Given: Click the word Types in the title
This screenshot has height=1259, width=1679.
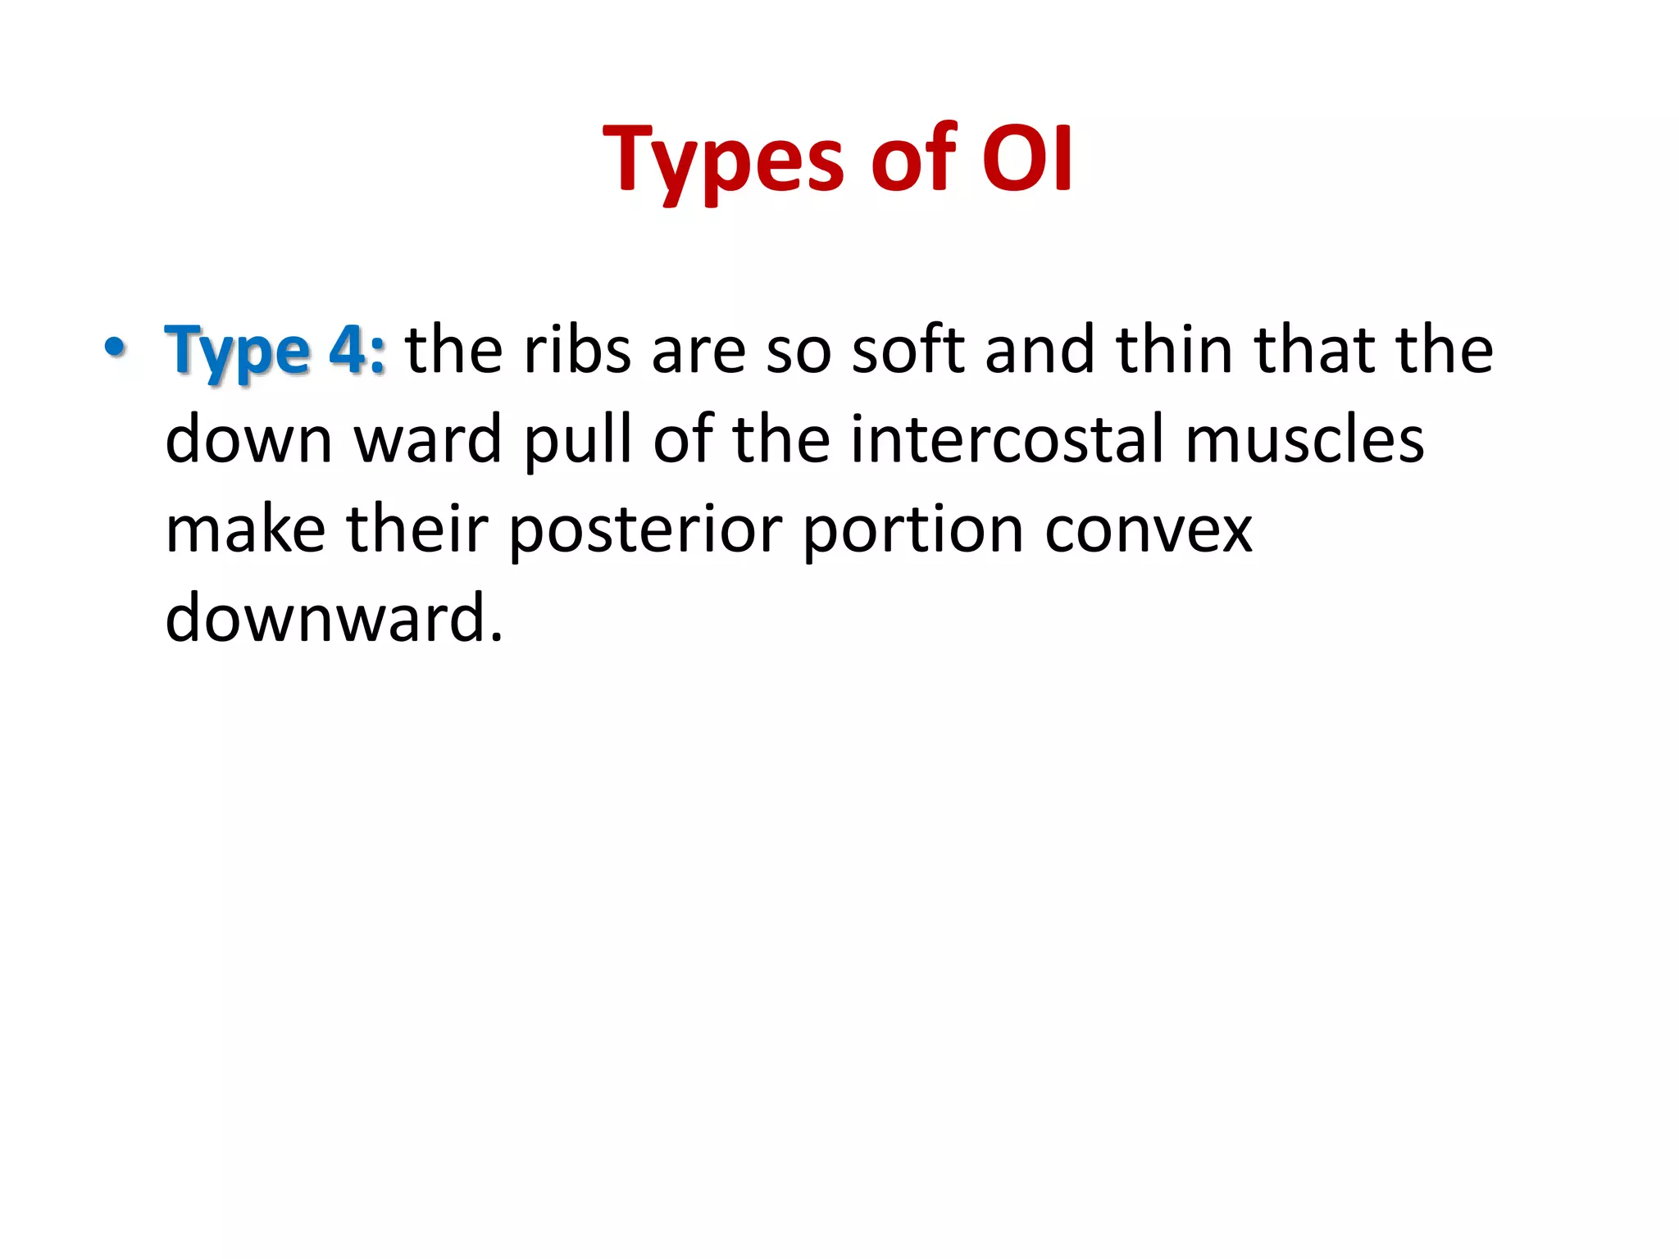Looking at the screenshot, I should (x=723, y=160).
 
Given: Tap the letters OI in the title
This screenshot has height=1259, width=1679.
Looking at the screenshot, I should (x=1026, y=160).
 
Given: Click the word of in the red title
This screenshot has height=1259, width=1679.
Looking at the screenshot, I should (x=912, y=160).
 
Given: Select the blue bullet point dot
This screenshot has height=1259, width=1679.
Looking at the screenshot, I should (x=115, y=348).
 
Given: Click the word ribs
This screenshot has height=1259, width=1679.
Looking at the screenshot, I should (x=577, y=350).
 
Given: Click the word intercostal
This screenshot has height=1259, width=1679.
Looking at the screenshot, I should (x=1008, y=439).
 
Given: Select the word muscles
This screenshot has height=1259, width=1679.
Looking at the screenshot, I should (x=1304, y=439).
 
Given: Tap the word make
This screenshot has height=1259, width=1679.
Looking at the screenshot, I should (x=245, y=530).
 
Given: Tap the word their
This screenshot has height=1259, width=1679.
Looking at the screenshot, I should (x=417, y=530).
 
